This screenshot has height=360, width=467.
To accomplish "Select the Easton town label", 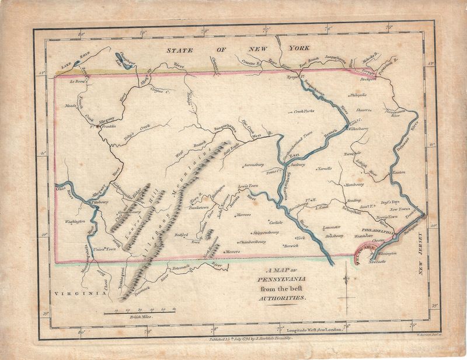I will [399, 173].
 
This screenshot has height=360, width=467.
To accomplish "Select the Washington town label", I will [75, 222].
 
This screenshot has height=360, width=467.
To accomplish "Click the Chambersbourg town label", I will [253, 241].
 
